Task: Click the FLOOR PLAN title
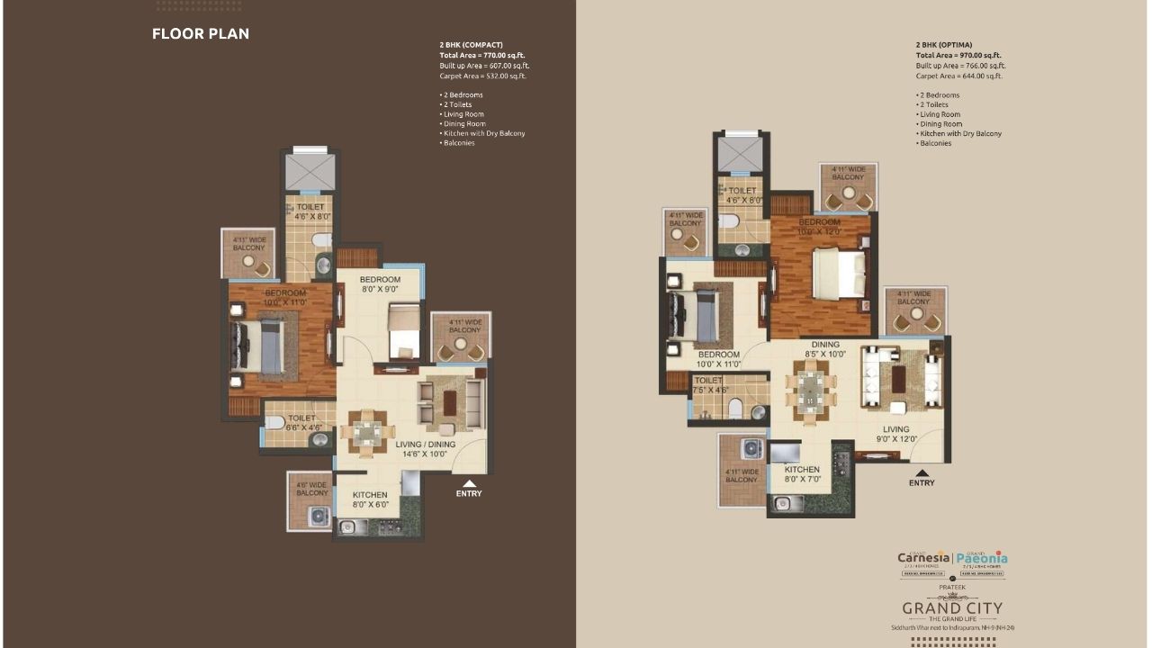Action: (201, 34)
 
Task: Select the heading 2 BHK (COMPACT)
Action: (471, 45)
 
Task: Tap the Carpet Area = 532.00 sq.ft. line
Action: (482, 76)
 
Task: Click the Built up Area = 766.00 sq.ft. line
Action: (960, 66)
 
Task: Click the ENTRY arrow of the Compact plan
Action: (469, 484)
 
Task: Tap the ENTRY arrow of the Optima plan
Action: (921, 473)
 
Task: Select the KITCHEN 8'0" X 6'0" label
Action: (370, 500)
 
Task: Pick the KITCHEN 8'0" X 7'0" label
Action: (802, 474)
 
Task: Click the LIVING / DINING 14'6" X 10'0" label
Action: (426, 449)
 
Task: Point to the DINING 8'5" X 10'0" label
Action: (824, 349)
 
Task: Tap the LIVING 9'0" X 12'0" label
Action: (895, 434)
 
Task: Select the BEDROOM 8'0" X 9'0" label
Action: (380, 285)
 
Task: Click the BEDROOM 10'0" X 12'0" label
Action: (819, 227)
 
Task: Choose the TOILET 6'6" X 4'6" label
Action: (301, 423)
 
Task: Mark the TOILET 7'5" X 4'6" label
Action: (710, 385)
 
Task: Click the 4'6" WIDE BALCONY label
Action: (312, 488)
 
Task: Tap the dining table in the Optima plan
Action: (811, 389)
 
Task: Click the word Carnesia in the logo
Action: (923, 558)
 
